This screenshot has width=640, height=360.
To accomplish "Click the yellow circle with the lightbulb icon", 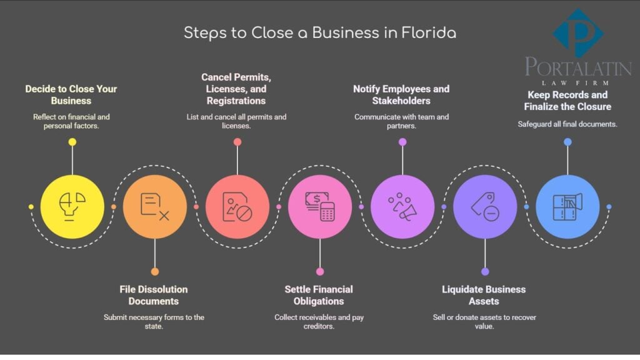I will click(72, 206).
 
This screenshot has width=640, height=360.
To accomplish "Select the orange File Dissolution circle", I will click(154, 206).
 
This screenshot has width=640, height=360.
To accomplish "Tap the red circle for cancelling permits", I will click(237, 206).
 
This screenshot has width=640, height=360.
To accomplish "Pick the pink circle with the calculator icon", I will click(320, 206).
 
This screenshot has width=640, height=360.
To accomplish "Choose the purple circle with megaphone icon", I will click(402, 206).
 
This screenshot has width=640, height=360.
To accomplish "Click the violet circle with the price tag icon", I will click(485, 206).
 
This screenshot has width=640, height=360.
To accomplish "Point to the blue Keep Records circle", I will click(567, 206).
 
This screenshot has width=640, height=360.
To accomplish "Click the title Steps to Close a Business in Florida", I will click(320, 33).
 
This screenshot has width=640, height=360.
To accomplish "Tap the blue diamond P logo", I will click(578, 33).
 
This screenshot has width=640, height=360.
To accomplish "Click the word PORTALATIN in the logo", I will click(578, 67).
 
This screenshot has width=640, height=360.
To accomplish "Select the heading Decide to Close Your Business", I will click(71, 94).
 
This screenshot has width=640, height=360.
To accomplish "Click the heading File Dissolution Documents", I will click(154, 295).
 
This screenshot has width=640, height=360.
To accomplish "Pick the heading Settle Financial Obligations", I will click(319, 295).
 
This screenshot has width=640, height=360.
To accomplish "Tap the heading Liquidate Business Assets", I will click(484, 295).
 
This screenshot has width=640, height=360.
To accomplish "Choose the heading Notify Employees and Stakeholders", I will click(401, 94).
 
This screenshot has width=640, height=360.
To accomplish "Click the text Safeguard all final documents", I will click(567, 124).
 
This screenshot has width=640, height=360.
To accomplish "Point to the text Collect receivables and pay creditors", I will click(319, 321).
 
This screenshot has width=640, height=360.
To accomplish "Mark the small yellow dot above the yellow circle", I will click(72, 142).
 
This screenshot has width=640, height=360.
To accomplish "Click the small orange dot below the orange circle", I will click(155, 271).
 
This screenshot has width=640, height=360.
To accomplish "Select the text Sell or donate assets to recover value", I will click(484, 321).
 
